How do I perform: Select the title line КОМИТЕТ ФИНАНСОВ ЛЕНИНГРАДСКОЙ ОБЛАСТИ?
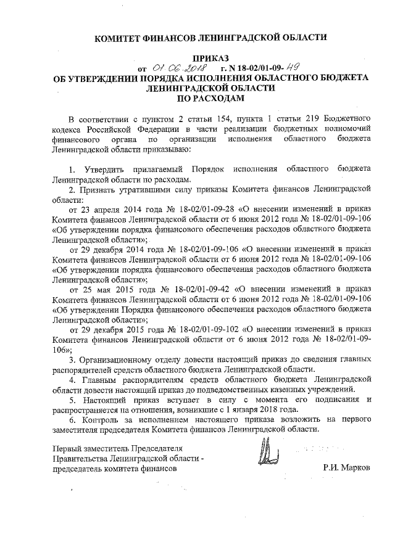click(210, 38)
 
